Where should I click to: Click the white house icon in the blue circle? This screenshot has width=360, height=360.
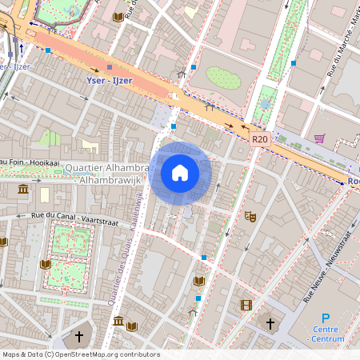pyautogui.click(x=180, y=173)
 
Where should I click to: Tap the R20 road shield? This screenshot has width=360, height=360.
pyautogui.click(x=259, y=139)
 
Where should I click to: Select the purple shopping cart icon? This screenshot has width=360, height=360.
pyautogui.click(x=319, y=138)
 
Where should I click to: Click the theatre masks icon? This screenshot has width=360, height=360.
pyautogui.click(x=250, y=216)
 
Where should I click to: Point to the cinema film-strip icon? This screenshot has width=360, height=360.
pyautogui.click(x=246, y=304)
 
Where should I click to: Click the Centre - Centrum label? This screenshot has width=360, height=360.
pyautogui.click(x=326, y=334)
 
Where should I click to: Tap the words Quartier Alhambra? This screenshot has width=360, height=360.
pyautogui.click(x=106, y=168)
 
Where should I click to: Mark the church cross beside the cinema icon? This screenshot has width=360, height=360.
pyautogui.click(x=270, y=324)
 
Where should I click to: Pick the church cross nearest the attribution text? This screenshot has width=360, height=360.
pyautogui.click(x=78, y=337)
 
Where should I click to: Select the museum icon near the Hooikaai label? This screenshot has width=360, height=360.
pyautogui.click(x=22, y=190)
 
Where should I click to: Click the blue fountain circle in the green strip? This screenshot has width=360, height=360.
pyautogui.click(x=265, y=104)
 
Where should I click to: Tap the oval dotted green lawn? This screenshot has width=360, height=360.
pyautogui.click(x=223, y=78)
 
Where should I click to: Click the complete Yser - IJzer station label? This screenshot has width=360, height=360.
pyautogui.click(x=110, y=81)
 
